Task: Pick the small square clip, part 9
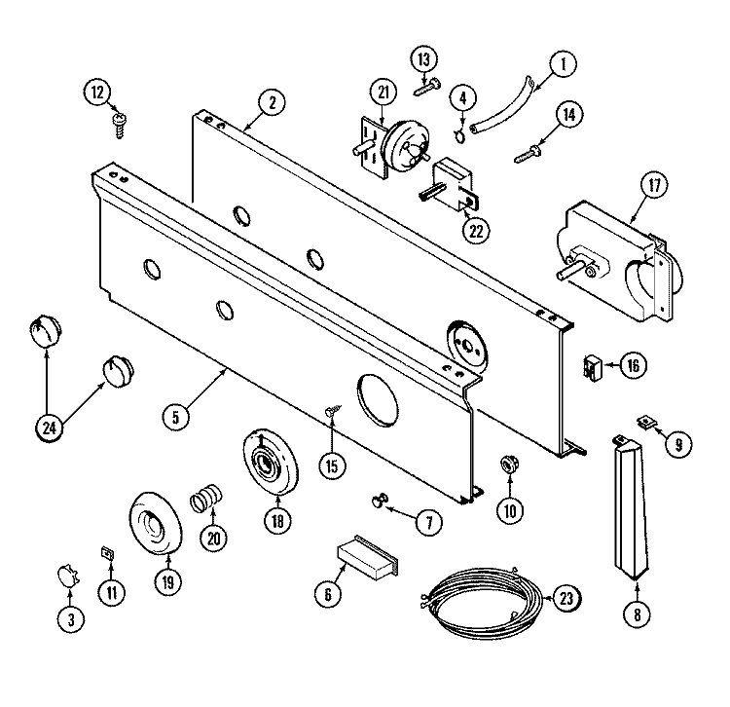(642, 423)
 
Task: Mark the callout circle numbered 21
(382, 93)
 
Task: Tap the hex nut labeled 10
(507, 463)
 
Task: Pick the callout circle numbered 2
(272, 102)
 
